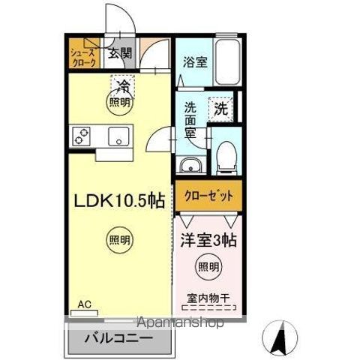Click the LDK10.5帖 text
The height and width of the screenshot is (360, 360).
(x=118, y=201)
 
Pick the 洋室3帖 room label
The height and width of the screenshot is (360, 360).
(x=208, y=241)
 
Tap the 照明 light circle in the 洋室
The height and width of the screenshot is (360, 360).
(x=208, y=266)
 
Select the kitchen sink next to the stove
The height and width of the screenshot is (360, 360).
(x=118, y=136)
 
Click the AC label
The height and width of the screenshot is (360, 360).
(x=85, y=304)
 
